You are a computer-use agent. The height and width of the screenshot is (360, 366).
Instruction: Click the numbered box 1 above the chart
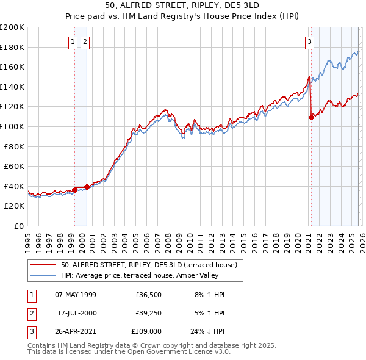(73, 42)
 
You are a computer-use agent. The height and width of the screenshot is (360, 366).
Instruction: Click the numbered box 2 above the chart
(85, 42)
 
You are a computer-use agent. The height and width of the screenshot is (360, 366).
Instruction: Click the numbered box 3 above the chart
(309, 42)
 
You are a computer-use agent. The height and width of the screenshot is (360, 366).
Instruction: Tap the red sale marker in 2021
(311, 117)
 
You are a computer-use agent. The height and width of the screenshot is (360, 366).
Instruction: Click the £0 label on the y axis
(18, 226)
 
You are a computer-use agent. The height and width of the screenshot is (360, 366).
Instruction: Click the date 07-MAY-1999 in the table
(76, 295)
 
